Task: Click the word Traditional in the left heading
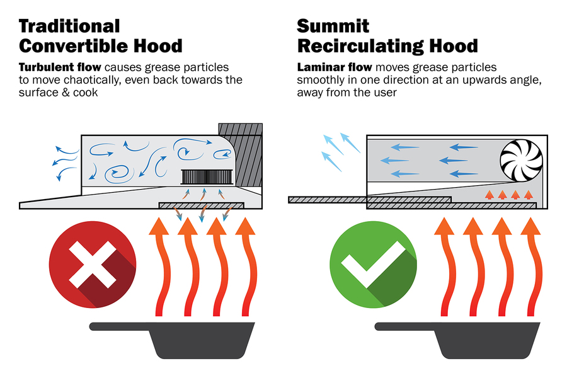(x=69, y=26)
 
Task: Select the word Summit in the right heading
(x=333, y=26)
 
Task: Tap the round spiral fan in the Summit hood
(x=520, y=157)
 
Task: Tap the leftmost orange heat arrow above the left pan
(x=158, y=265)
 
